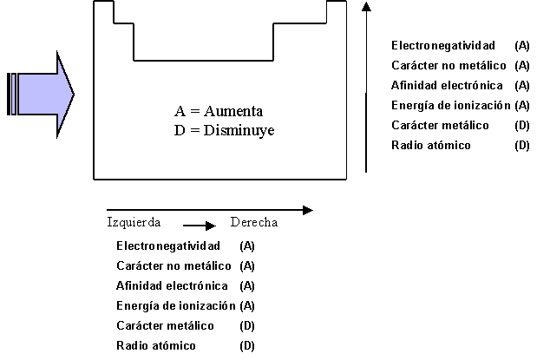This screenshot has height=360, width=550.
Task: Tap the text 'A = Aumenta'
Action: [218, 112]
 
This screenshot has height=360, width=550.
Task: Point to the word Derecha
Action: [253, 222]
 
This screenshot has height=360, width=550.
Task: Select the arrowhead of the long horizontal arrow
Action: [306, 209]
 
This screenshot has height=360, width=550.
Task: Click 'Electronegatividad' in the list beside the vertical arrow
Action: [443, 45]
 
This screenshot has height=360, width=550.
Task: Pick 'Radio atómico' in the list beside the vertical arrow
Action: [430, 146]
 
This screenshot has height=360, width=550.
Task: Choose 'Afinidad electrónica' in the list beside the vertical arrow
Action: [447, 85]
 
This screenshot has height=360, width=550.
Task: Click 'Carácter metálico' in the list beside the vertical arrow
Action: [440, 126]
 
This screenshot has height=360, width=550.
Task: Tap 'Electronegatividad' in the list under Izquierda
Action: [168, 246]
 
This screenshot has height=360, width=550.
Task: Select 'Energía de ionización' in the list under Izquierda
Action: [176, 305]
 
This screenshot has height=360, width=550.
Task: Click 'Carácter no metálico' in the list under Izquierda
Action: [174, 266]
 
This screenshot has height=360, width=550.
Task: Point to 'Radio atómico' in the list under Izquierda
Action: [156, 346]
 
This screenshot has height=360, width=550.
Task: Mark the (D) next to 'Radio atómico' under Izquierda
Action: [246, 346]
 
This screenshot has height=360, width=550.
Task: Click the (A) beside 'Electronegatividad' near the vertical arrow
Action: [521, 45]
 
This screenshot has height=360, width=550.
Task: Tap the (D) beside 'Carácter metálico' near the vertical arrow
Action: [521, 126]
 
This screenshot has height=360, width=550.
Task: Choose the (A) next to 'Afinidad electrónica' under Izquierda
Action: [246, 286]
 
